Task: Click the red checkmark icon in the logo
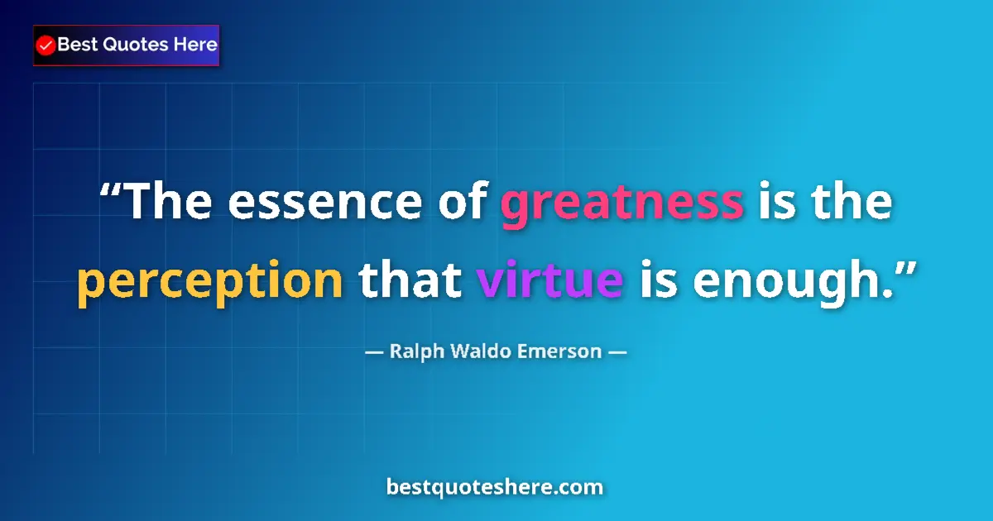click(x=46, y=45)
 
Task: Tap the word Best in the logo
click(x=77, y=45)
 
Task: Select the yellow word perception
click(x=210, y=282)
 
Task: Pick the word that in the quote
click(x=410, y=280)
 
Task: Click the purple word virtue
click(x=550, y=280)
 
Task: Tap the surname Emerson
click(x=559, y=351)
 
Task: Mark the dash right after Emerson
click(x=617, y=351)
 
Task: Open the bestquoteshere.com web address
click(x=495, y=487)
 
